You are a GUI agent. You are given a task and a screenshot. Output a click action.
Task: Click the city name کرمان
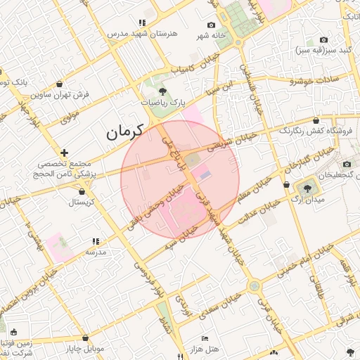[124, 131]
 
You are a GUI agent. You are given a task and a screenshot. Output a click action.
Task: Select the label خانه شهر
[210, 35]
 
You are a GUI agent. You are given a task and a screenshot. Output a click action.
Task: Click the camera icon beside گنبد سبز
[323, 40]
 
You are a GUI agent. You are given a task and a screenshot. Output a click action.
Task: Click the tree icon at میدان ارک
[307, 188]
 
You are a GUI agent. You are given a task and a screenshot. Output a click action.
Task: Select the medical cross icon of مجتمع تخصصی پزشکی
[64, 153]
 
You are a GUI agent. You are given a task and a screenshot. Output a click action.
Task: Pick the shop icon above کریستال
[84, 191]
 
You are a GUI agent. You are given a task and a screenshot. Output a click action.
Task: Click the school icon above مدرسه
[96, 240]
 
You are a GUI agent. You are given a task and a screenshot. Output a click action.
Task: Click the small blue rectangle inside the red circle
[205, 172]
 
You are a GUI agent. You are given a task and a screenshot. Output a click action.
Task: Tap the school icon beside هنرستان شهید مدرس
[143, 22]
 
